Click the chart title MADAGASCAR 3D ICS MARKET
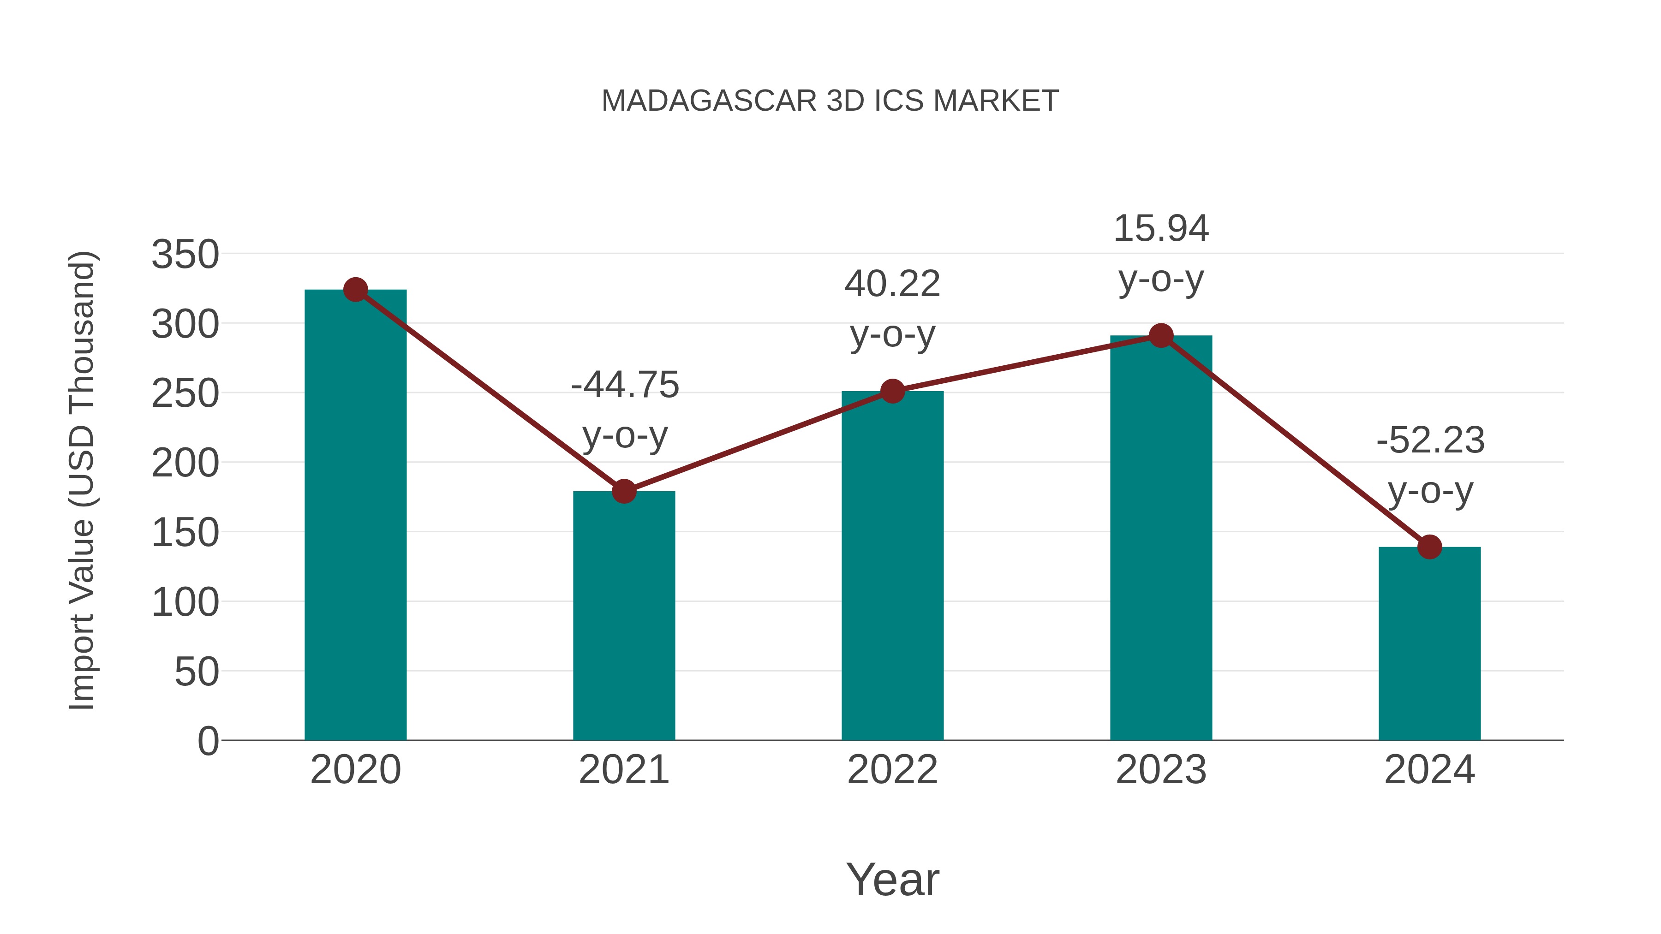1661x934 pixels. click(x=830, y=101)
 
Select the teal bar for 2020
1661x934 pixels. click(x=355, y=516)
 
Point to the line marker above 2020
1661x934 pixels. click(x=355, y=290)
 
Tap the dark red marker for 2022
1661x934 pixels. click(x=892, y=391)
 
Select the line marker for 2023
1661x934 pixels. click(x=1161, y=336)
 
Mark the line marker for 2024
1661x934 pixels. click(x=1429, y=547)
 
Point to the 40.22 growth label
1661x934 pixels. click(x=892, y=284)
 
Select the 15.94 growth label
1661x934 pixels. click(x=1161, y=229)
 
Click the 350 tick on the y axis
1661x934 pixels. click(x=185, y=255)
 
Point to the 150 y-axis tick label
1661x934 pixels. click(x=185, y=533)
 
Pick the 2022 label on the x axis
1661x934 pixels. click(x=892, y=770)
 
